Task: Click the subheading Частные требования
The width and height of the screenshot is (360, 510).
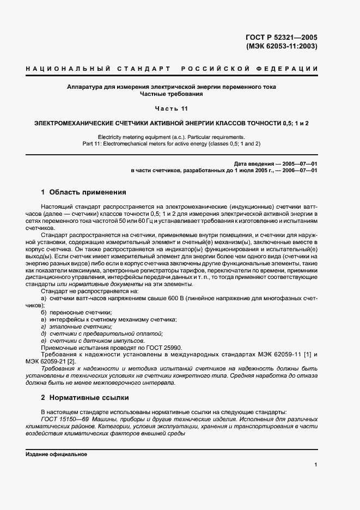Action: (x=171, y=94)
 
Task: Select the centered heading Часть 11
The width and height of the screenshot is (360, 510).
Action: (x=171, y=108)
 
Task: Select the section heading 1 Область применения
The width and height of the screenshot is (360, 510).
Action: (x=83, y=192)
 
